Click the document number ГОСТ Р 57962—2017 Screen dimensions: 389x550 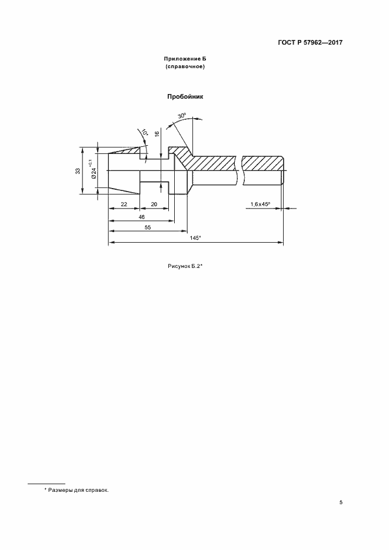(x=310, y=43)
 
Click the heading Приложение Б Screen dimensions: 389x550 (x=185, y=59)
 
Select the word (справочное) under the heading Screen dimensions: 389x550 (x=185, y=66)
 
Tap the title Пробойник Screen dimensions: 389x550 (x=185, y=97)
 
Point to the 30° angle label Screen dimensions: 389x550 (x=182, y=115)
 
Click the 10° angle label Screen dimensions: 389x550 (x=144, y=133)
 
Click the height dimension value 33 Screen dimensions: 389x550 (x=78, y=171)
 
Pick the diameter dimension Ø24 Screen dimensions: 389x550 (x=94, y=172)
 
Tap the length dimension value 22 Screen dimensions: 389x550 (x=124, y=204)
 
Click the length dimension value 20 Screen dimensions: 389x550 (x=154, y=204)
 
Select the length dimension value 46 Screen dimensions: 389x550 (x=142, y=217)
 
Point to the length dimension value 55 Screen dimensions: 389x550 (x=148, y=227)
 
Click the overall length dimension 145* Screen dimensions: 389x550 (x=195, y=237)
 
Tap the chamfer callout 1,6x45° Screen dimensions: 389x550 (x=260, y=204)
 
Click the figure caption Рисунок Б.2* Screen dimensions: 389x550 (x=186, y=267)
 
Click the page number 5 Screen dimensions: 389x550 (x=341, y=502)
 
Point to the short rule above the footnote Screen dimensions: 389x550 (x=46, y=484)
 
